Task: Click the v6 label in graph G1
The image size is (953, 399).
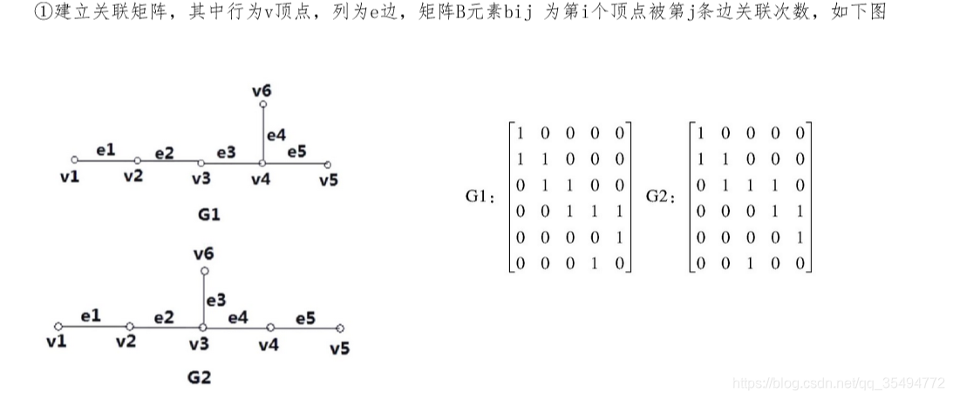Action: coord(262,90)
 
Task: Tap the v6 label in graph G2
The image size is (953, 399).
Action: coord(203,254)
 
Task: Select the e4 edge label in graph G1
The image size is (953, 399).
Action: coord(276,135)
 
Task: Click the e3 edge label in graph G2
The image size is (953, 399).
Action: coord(216,301)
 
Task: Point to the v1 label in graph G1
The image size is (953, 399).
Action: coord(70,177)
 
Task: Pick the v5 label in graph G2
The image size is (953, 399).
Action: coord(339,348)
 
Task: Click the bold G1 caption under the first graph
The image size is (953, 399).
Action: coord(209,213)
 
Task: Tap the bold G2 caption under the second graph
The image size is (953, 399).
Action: coord(199,377)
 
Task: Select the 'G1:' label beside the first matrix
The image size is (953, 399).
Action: coord(480,198)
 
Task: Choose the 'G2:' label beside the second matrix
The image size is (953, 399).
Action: coord(661,198)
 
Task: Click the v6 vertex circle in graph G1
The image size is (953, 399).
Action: coord(262,105)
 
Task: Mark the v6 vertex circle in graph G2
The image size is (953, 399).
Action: coord(203,271)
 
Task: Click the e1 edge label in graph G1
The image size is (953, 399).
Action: coord(106,150)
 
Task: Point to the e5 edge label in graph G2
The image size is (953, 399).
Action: coord(305,318)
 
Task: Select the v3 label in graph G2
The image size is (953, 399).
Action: coord(199,344)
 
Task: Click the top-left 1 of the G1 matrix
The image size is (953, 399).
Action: coord(521,133)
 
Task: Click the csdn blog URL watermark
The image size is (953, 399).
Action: coord(839,382)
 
